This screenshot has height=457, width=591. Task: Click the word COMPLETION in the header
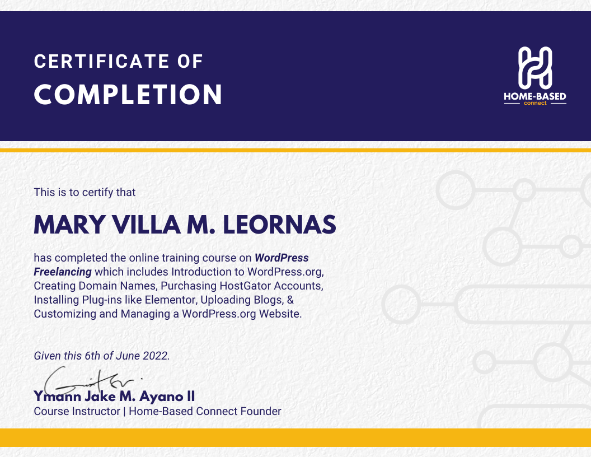[128, 95]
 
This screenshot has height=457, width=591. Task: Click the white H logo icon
[534, 67]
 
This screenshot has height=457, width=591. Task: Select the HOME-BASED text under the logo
[534, 97]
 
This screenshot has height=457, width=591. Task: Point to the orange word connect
[534, 104]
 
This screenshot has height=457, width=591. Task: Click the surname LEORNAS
[280, 225]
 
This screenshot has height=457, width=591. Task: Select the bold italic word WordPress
[282, 258]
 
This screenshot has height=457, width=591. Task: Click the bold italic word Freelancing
[63, 272]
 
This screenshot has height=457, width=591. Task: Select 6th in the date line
[92, 356]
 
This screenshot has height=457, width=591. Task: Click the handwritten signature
[84, 381]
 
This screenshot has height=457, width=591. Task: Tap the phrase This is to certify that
[85, 192]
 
